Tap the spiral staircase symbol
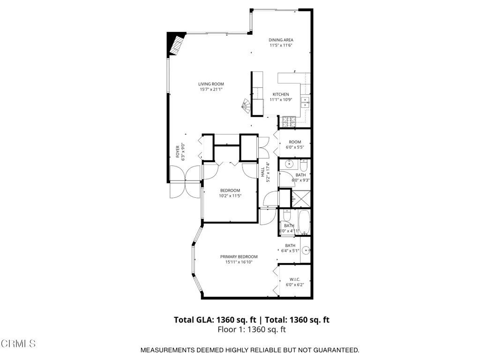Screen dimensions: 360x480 pos(246,107)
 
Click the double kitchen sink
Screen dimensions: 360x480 pos(305,102)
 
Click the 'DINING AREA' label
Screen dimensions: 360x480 pos(281,40)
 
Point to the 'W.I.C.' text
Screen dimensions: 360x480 pos(295,279)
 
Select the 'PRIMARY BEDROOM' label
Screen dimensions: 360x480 pos(239,256)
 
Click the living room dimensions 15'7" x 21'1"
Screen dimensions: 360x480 pos(211,89)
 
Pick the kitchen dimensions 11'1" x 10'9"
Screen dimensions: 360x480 pos(281,99)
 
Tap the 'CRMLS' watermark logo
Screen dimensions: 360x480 pos(18,344)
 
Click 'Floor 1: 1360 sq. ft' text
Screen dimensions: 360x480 pos(252,330)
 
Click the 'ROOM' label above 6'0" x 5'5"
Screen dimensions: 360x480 pos(295,142)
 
